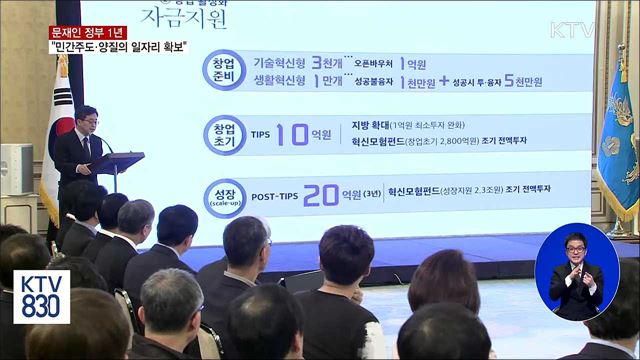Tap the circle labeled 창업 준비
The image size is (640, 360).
(226, 74)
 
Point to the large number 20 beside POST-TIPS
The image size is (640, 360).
(322, 194)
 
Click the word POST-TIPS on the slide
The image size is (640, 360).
(272, 196)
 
